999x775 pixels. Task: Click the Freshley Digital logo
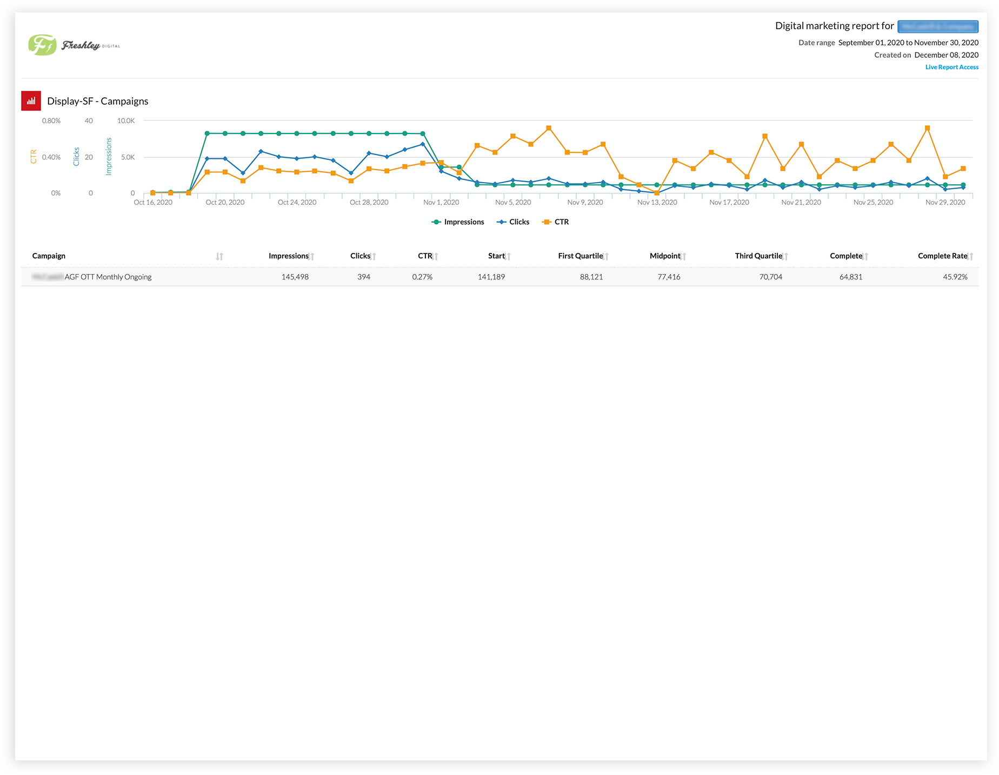[x=74, y=45]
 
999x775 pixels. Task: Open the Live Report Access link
[x=951, y=67]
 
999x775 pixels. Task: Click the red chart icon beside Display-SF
[x=31, y=101]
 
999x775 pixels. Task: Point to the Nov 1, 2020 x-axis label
[x=441, y=203]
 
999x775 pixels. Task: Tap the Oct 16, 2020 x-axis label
[x=153, y=203]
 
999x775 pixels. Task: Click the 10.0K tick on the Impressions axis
[x=126, y=121]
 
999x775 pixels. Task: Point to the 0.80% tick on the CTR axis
[x=51, y=121]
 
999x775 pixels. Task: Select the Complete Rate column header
[x=942, y=256]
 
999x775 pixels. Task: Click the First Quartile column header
[x=580, y=256]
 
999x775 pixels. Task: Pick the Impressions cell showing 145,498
[x=295, y=277]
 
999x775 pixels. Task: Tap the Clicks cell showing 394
[x=364, y=277]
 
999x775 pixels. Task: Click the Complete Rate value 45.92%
[x=955, y=277]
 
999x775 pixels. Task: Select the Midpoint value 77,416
[x=669, y=277]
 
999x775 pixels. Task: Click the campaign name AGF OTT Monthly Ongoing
[x=108, y=277]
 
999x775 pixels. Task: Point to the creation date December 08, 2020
[x=946, y=55]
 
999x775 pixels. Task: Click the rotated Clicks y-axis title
[x=76, y=157]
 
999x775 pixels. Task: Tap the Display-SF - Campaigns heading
[x=98, y=101]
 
